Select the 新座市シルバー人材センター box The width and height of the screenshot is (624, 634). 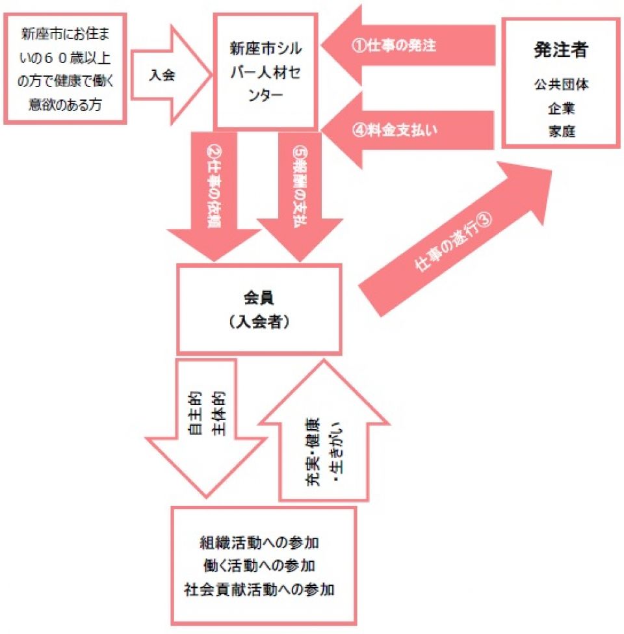click(266, 72)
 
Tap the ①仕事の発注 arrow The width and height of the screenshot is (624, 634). click(403, 46)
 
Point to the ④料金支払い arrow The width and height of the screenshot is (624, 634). click(403, 129)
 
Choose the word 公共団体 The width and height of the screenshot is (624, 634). click(560, 85)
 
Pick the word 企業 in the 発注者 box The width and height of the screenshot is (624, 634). click(560, 108)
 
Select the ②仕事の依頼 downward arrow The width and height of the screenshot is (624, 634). click(211, 195)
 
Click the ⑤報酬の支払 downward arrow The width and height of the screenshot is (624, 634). click(300, 195)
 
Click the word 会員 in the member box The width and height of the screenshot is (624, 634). click(260, 298)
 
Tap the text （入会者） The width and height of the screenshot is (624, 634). click(260, 321)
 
